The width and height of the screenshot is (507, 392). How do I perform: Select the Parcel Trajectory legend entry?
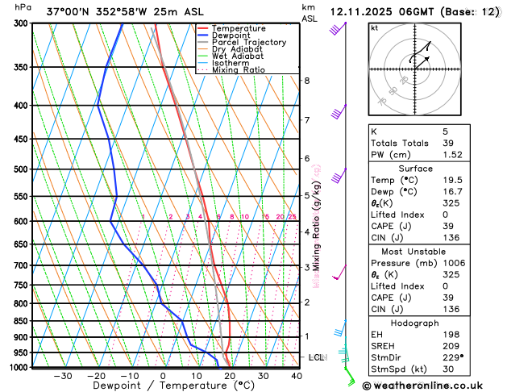click(248, 42)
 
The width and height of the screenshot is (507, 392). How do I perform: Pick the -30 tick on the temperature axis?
click(62, 376)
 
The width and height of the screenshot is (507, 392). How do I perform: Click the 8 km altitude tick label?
click(306, 81)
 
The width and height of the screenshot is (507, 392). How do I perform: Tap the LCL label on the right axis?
click(316, 357)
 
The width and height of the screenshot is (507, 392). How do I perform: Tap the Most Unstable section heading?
click(426, 251)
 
